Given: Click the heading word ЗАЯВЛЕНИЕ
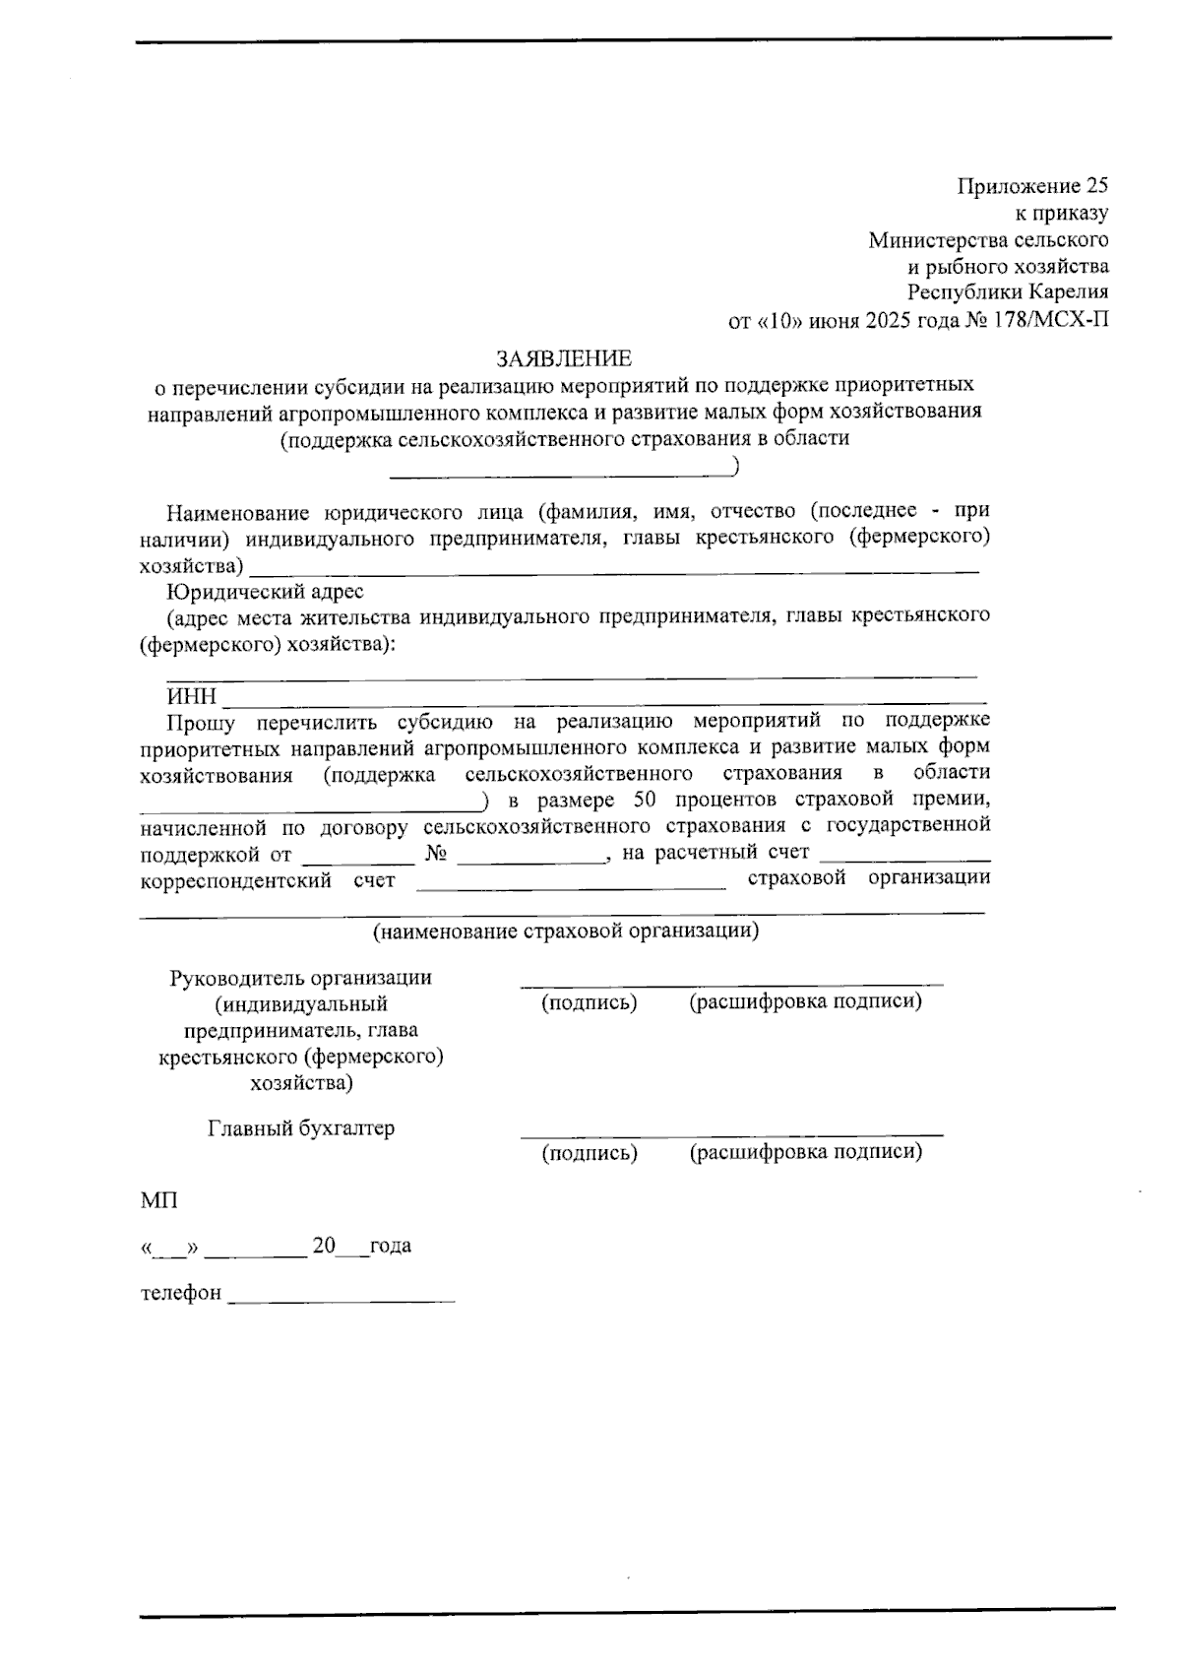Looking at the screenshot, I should pos(563,357).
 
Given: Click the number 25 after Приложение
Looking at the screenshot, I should pos(1096,186).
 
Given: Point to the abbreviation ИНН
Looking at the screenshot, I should pos(191,697).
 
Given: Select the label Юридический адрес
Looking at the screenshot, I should pos(265,592).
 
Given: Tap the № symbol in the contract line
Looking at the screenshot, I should pos(437,853).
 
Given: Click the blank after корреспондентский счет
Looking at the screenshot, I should pos(571,882).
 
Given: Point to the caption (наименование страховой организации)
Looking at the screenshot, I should pos(564,931).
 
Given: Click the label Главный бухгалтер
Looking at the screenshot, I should pos(301,1128).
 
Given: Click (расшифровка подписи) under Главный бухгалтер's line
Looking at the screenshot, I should pos(805,1152).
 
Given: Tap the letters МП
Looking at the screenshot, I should pos(158,1200).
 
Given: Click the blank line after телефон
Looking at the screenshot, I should pos(341,1295).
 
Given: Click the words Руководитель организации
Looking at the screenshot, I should pos(301,978).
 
